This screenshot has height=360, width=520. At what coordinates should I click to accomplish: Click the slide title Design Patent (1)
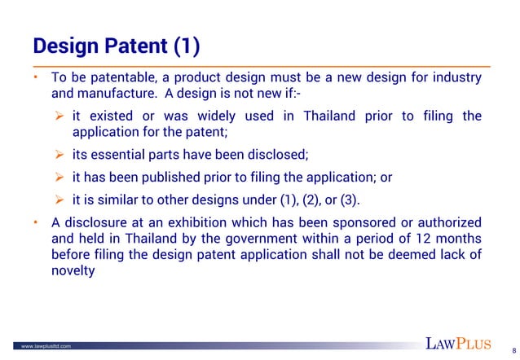(115, 43)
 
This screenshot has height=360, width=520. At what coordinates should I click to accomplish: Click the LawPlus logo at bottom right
(461, 342)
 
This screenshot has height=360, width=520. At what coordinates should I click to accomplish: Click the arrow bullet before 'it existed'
(59, 116)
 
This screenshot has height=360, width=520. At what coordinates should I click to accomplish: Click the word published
(173, 177)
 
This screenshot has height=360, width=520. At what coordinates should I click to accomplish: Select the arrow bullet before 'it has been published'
(59, 177)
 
